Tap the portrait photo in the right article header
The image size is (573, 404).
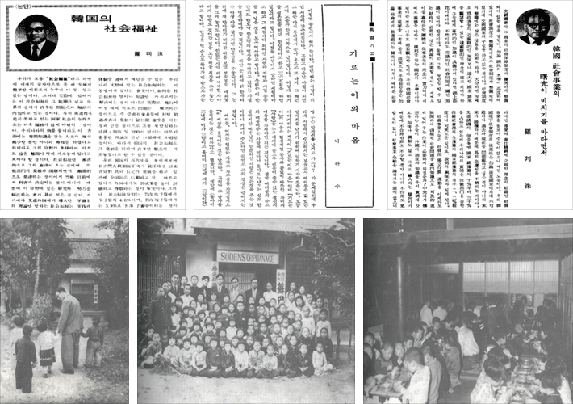tap(537, 27)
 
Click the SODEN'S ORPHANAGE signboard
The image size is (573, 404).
tap(247, 257)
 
